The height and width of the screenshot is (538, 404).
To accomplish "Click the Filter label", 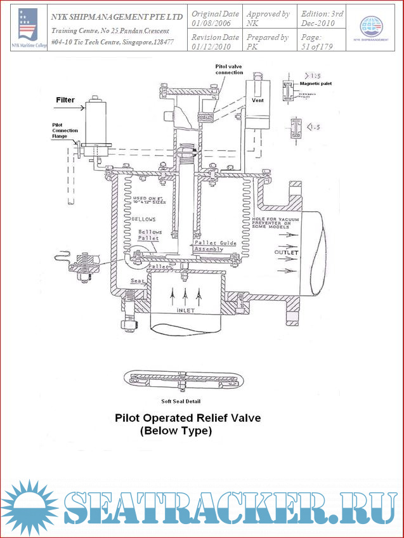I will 65,100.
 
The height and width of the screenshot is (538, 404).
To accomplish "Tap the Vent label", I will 257,100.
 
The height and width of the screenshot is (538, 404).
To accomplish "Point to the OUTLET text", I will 287,253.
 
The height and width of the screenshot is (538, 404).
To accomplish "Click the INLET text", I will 186,312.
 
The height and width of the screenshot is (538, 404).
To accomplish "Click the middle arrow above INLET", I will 186,293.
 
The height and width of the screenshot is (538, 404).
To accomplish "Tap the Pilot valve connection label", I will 230,69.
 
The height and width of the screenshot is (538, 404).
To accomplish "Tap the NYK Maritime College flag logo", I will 28,25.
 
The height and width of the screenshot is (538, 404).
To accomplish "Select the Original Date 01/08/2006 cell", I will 215,18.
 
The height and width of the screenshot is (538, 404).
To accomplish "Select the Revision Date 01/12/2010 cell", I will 215,41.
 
